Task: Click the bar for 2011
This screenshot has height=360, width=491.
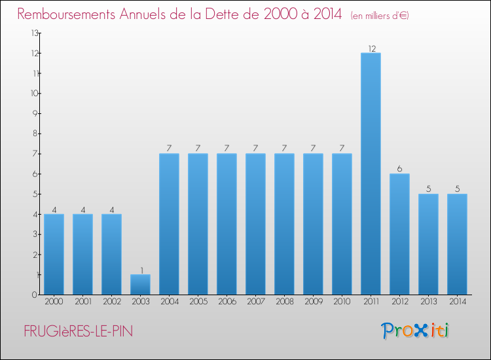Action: (371, 173)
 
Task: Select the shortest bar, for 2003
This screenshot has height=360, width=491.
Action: (140, 285)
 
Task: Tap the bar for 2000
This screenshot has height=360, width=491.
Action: (54, 254)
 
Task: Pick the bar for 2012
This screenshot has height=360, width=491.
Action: (399, 234)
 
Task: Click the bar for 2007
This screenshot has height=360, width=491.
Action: (255, 224)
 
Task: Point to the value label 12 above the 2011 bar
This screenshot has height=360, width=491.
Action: (371, 48)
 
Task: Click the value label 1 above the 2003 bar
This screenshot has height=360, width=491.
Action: (141, 270)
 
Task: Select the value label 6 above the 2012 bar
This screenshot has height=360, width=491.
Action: (399, 169)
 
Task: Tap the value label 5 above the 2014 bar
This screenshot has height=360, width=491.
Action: (457, 189)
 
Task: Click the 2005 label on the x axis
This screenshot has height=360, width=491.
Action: (198, 302)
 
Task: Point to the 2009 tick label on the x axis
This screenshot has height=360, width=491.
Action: (313, 302)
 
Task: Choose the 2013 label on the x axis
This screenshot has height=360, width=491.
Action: (428, 302)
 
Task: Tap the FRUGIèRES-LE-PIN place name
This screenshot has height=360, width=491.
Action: (78, 332)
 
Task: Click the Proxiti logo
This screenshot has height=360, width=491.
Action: (416, 331)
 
